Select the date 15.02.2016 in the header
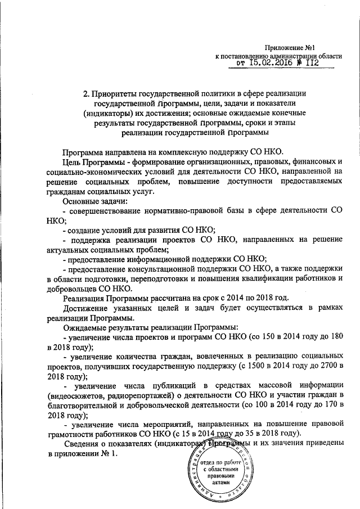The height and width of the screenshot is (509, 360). pyautogui.click(x=274, y=64)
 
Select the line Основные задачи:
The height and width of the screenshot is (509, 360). pyautogui.click(x=95, y=201)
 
